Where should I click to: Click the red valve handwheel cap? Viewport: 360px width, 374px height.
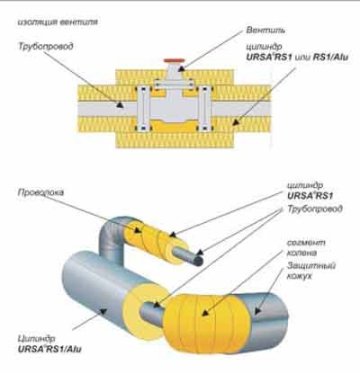173,61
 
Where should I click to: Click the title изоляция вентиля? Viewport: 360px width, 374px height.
58,22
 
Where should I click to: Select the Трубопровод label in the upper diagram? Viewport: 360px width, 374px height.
46,47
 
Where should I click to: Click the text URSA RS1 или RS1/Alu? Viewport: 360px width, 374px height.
297,57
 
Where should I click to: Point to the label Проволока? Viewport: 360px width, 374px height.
40,192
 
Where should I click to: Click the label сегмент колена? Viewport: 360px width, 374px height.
306,247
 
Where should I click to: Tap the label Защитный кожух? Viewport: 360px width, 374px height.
311,271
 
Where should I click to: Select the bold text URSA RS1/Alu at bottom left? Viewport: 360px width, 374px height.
49,349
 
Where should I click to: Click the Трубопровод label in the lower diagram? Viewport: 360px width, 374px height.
315,209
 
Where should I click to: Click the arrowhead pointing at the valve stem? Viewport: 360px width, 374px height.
181,68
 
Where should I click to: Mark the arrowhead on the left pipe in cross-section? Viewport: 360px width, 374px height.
121,104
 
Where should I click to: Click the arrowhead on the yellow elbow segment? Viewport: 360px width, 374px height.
205,313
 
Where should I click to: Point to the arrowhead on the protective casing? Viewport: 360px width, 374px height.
257,311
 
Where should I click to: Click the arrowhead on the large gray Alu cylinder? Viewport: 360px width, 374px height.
103,312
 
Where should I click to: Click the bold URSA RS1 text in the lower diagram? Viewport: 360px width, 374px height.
310,196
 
